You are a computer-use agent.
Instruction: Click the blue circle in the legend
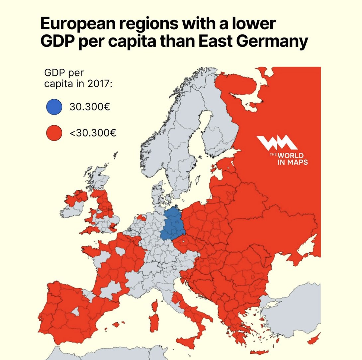54,107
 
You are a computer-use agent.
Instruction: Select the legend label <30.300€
93,134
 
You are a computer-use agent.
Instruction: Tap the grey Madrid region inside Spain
76,311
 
